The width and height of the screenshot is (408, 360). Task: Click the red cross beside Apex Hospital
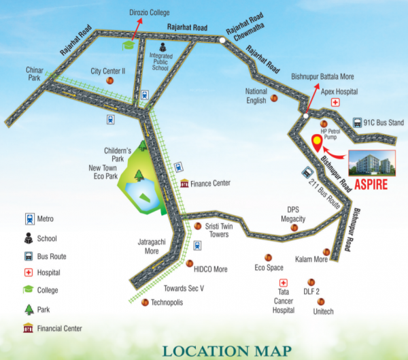(x=335, y=102)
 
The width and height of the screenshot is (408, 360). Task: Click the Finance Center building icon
(x=184, y=183)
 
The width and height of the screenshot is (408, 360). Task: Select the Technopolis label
(x=167, y=302)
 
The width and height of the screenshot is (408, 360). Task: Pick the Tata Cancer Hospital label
(x=283, y=300)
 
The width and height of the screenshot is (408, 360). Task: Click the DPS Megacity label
(x=294, y=214)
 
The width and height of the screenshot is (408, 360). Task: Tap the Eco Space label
(x=269, y=267)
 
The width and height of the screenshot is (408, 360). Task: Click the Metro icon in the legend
(x=29, y=219)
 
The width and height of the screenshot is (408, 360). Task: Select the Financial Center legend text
(x=60, y=328)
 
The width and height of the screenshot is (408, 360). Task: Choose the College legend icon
(x=29, y=290)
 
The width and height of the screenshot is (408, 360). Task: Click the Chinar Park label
(x=35, y=73)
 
